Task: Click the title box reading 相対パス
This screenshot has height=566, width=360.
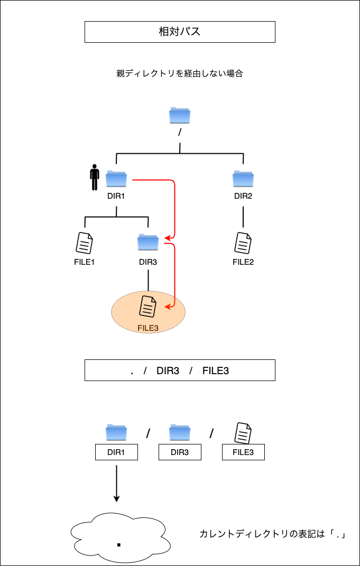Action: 180,32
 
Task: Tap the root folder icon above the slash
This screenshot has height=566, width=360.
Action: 180,115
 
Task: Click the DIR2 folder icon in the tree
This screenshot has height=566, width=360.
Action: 243,179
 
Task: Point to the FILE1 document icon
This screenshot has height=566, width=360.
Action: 85,243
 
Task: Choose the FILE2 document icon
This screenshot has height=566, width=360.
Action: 243,243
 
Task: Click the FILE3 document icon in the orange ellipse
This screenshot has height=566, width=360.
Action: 148,307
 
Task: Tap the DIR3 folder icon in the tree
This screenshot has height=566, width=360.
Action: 148,242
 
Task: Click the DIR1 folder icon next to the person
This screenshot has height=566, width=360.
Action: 116,179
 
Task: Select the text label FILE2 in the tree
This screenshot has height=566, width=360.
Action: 243,262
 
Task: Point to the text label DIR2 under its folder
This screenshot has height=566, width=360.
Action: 243,196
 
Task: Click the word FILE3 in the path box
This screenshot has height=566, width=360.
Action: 216,370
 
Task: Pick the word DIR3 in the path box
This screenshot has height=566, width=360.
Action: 168,370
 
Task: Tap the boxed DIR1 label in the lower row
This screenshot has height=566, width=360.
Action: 116,452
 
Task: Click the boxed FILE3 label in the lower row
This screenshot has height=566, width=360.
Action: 243,452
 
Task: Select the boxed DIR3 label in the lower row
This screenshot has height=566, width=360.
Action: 180,452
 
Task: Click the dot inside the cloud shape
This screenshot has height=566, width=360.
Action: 119,544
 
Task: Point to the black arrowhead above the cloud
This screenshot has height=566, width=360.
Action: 117,498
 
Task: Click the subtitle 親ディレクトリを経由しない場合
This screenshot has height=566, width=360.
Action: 180,74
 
